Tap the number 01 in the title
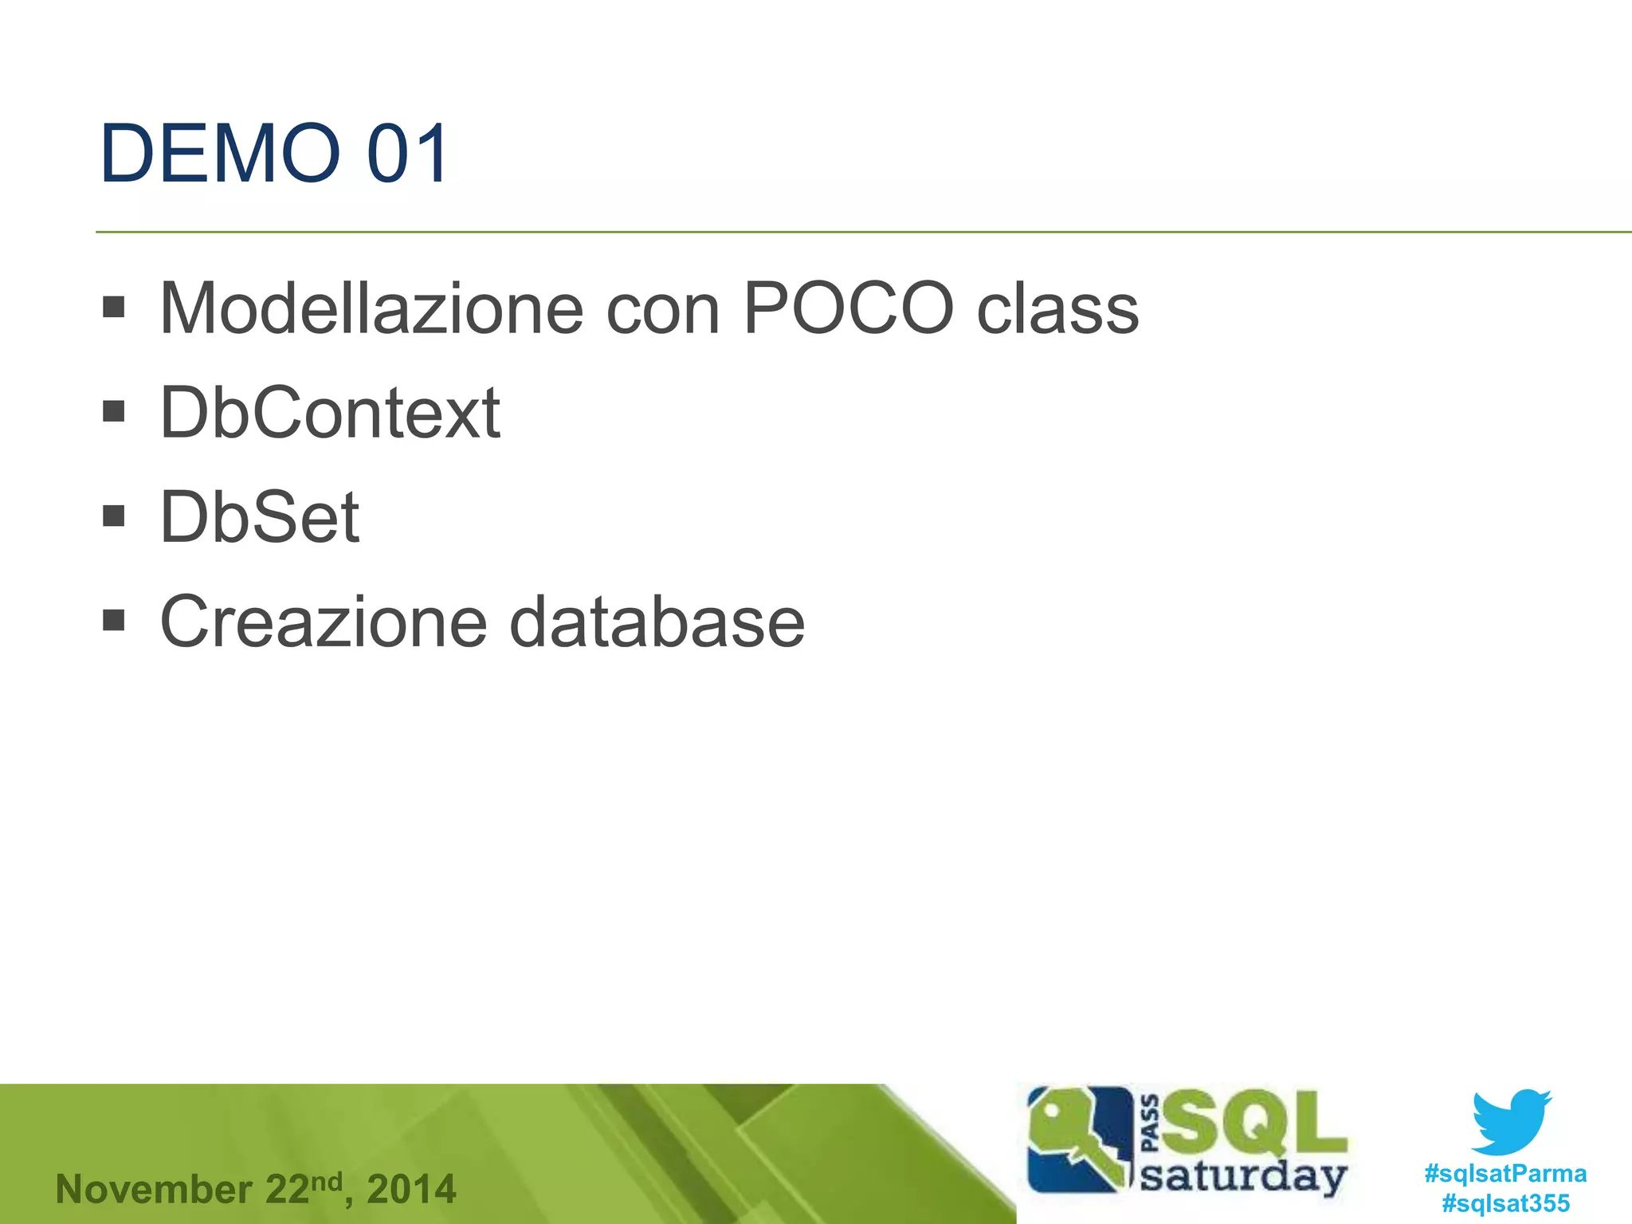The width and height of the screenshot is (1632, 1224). (407, 153)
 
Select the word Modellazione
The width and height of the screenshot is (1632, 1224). (371, 309)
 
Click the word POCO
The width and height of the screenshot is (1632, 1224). (848, 309)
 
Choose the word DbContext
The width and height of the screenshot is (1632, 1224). (330, 413)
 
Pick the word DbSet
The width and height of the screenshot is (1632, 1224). (260, 518)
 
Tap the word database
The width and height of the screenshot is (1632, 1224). (657, 622)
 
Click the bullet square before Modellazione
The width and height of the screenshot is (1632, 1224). (114, 307)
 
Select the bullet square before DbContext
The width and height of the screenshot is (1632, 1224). (114, 411)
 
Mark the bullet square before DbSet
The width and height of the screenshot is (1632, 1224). (114, 516)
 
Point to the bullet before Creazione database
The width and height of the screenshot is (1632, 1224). (114, 620)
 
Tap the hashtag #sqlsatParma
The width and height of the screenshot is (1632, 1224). (1505, 1174)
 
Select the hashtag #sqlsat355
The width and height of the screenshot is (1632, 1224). (1505, 1203)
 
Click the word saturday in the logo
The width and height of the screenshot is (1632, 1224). (1243, 1176)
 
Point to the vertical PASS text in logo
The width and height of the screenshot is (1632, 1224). (1150, 1124)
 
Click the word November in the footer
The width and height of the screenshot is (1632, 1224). (154, 1190)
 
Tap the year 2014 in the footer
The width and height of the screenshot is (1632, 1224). (411, 1190)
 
